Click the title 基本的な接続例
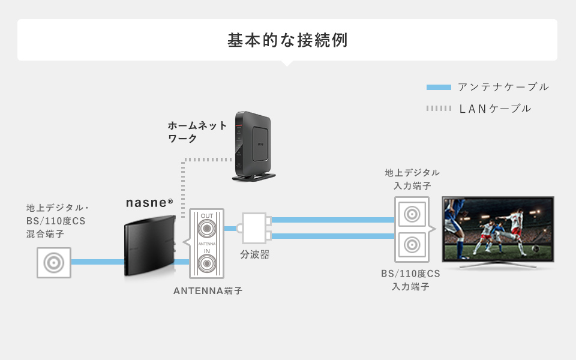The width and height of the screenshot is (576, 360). [287, 40]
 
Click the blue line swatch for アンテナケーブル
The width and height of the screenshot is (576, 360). [438, 88]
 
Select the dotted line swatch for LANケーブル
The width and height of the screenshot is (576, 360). [438, 109]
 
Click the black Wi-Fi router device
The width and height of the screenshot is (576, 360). [253, 145]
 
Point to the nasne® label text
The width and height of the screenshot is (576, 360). [149, 203]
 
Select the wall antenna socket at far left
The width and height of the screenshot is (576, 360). [54, 262]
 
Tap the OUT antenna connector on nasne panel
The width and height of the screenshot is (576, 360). [207, 229]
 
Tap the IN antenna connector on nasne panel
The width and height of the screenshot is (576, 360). [207, 262]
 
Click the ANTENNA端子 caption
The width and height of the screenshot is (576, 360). [208, 291]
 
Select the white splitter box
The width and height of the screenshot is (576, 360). [254, 228]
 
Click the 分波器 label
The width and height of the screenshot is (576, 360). [255, 254]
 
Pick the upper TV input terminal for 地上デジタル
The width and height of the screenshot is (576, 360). [412, 214]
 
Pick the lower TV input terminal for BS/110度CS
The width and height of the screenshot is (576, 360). [412, 245]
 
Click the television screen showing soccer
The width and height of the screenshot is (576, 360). [497, 228]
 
